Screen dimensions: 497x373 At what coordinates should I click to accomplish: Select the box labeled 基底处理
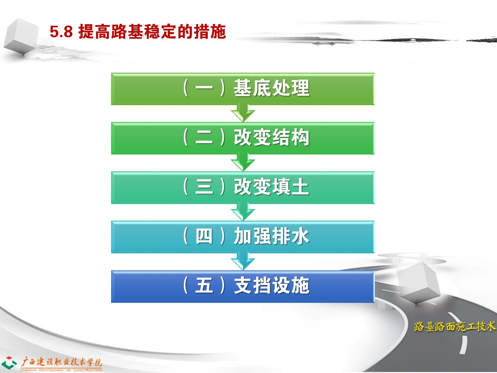(x=243, y=89)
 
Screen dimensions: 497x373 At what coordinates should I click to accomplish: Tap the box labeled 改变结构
(x=243, y=138)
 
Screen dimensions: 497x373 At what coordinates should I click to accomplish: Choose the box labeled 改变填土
(x=243, y=188)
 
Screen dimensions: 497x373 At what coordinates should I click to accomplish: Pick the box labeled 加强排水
(x=243, y=237)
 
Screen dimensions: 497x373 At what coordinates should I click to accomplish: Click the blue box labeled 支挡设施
(x=243, y=286)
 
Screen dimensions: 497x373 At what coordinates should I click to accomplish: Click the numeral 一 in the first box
(x=204, y=88)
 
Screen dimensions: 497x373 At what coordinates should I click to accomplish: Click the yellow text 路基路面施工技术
(x=455, y=326)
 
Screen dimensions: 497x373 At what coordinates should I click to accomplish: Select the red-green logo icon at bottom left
(x=9, y=362)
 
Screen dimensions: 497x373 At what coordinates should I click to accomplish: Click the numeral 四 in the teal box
(x=204, y=236)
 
